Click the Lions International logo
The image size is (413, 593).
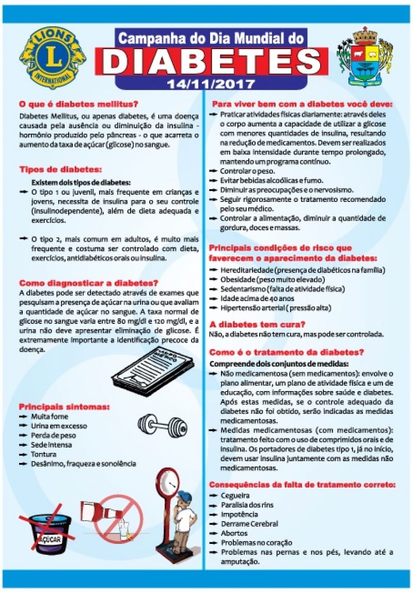coord(52,57)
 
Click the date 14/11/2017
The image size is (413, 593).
coord(211,83)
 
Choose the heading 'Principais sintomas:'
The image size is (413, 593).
coord(64,407)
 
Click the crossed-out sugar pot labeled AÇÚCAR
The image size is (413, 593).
coord(46,531)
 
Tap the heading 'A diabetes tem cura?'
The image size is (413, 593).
coord(257,324)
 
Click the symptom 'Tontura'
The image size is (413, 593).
coord(43,454)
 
